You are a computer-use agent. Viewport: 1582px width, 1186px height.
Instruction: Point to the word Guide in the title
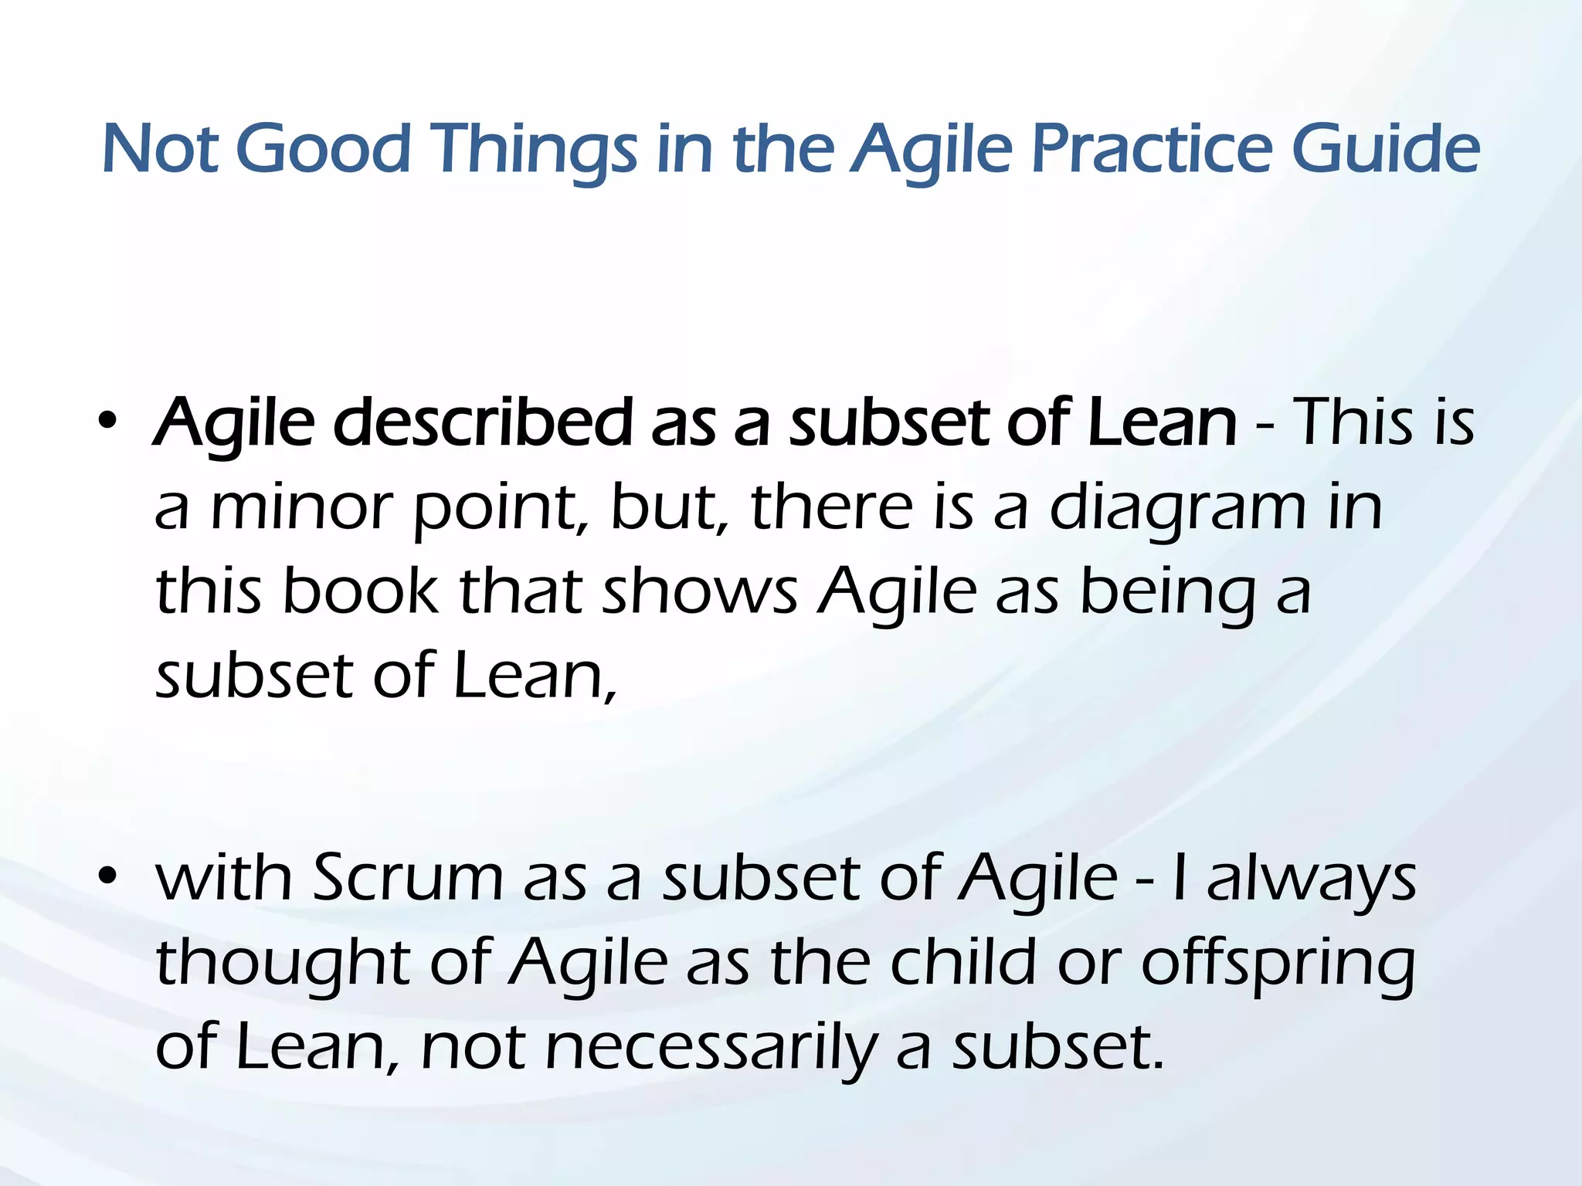click(1386, 148)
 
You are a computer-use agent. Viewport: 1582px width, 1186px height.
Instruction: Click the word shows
click(700, 591)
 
